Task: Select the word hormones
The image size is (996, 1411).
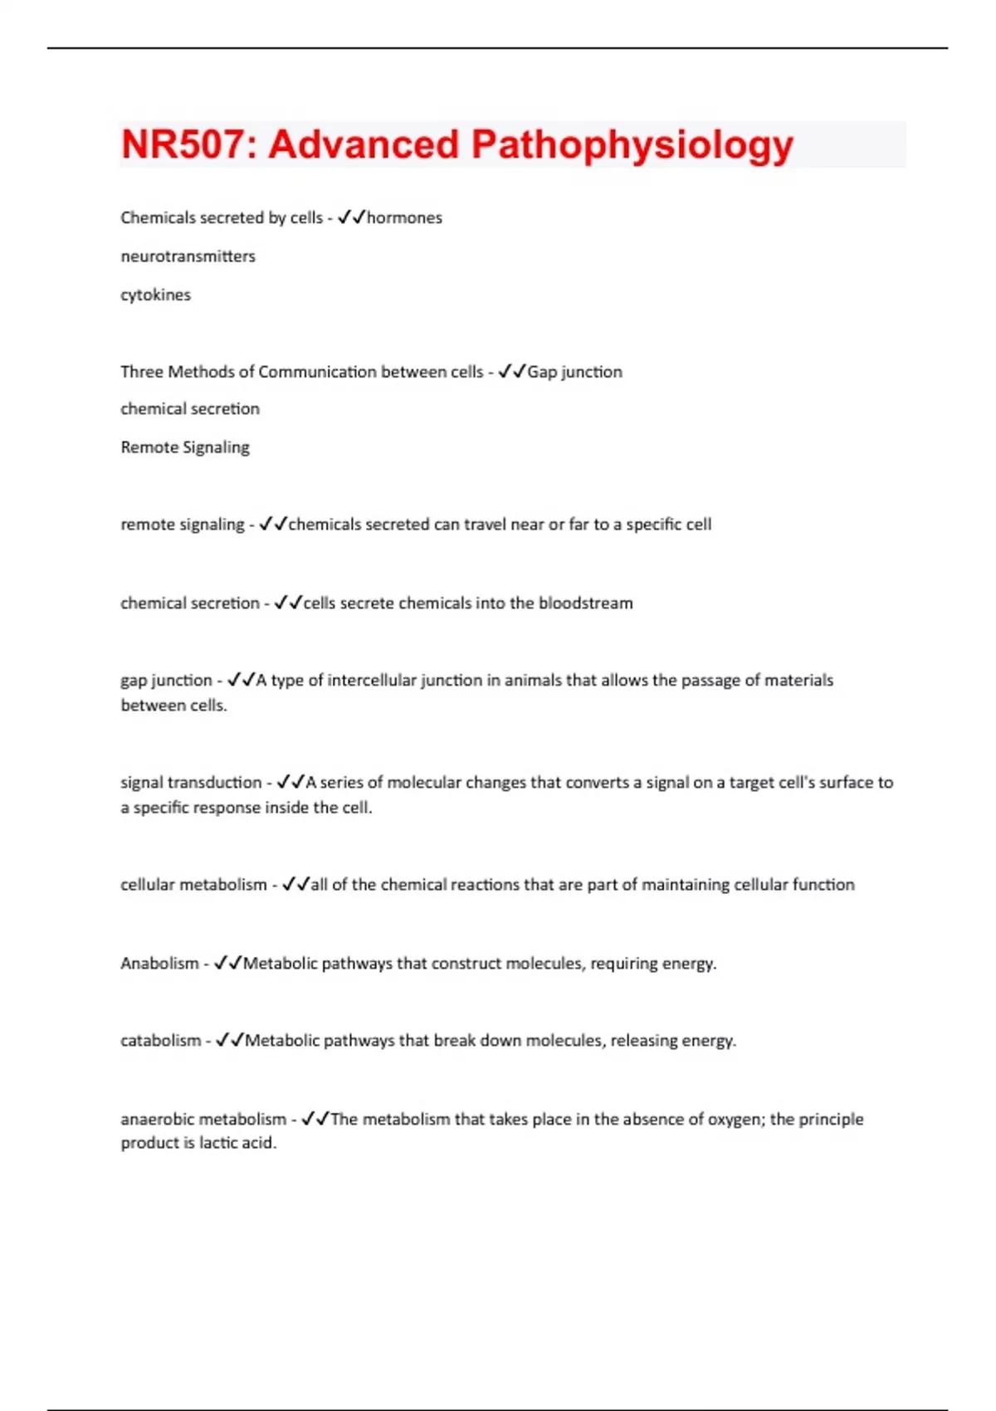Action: coord(404,217)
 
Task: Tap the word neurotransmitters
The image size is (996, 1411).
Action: coord(188,256)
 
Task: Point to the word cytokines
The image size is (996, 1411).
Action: coord(155,295)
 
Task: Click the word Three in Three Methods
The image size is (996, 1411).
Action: coord(141,372)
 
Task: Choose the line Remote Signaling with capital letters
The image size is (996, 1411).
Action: coord(184,447)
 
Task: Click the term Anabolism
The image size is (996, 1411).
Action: coord(159,964)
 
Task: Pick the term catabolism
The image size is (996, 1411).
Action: coord(160,1041)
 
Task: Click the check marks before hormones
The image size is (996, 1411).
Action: coord(351,217)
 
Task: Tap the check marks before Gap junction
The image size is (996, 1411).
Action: coord(512,372)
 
